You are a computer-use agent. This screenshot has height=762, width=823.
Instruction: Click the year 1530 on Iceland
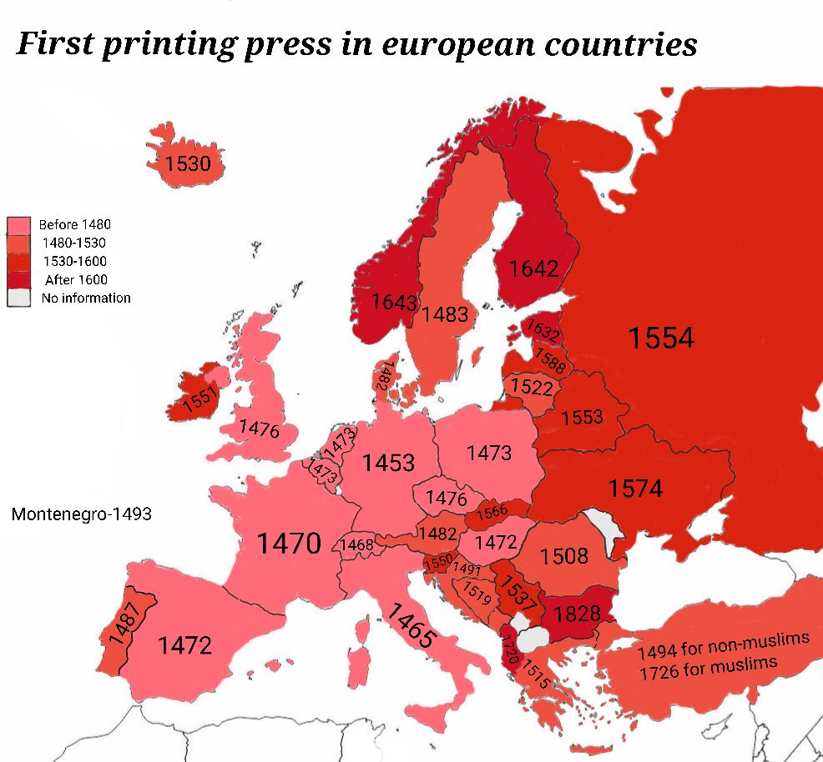pyautogui.click(x=188, y=163)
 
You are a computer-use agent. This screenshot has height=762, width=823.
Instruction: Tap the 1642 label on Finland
pyautogui.click(x=533, y=268)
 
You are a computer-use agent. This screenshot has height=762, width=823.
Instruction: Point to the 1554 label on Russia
pyautogui.click(x=661, y=338)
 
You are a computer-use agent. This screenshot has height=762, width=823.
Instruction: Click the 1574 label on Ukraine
pyautogui.click(x=635, y=489)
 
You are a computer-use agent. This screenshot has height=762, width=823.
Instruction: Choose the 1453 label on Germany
pyautogui.click(x=388, y=462)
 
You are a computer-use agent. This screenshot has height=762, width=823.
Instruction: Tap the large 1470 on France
pyautogui.click(x=288, y=544)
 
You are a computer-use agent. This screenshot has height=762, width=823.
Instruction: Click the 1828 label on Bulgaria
pyautogui.click(x=577, y=614)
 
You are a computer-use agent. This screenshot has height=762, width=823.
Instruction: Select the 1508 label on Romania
pyautogui.click(x=564, y=556)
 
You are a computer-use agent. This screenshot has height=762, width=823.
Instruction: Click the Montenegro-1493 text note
pyautogui.click(x=82, y=514)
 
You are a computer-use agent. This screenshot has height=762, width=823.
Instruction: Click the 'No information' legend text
pyautogui.click(x=86, y=298)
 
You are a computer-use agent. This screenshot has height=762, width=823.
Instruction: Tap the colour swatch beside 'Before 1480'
pyautogui.click(x=20, y=225)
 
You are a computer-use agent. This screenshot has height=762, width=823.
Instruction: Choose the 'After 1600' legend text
pyautogui.click(x=77, y=280)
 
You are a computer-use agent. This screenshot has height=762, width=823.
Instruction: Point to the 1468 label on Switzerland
pyautogui.click(x=357, y=545)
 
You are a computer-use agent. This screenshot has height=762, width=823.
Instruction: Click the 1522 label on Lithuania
pyautogui.click(x=531, y=387)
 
